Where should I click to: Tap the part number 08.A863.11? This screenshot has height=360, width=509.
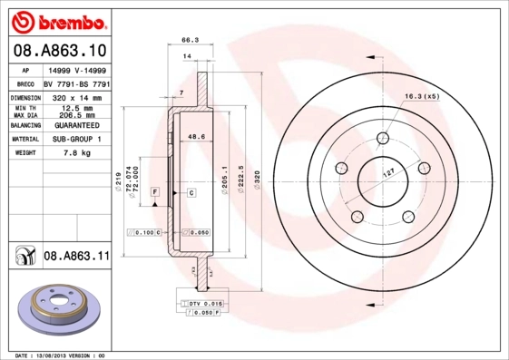pos(76,258)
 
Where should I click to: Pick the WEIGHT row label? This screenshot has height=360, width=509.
pos(24,153)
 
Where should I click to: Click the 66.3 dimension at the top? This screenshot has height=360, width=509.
pos(190,40)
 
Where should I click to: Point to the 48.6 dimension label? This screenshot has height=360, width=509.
pos(193,138)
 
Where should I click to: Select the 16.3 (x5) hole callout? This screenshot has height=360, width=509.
pos(420,95)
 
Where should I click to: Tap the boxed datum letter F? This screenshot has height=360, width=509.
pos(155,193)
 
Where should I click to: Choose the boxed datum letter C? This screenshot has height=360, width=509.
pos(192,193)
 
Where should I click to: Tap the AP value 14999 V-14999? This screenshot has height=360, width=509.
pos(75,69)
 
